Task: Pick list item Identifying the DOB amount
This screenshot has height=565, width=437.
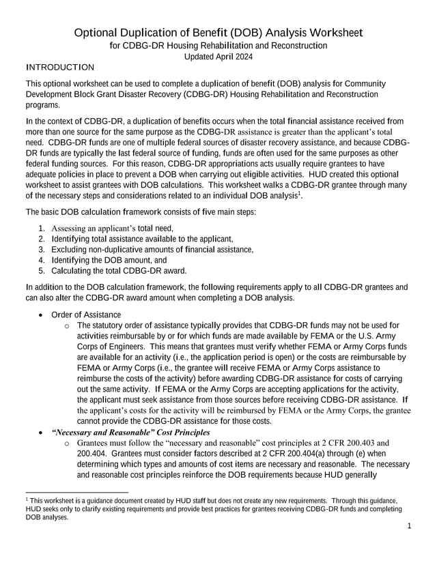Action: [x=107, y=260]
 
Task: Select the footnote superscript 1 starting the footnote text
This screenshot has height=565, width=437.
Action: [x=26, y=499]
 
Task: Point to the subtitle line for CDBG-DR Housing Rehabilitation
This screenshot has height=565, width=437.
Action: [x=218, y=46]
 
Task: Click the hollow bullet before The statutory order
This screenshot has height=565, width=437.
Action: [x=66, y=325]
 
